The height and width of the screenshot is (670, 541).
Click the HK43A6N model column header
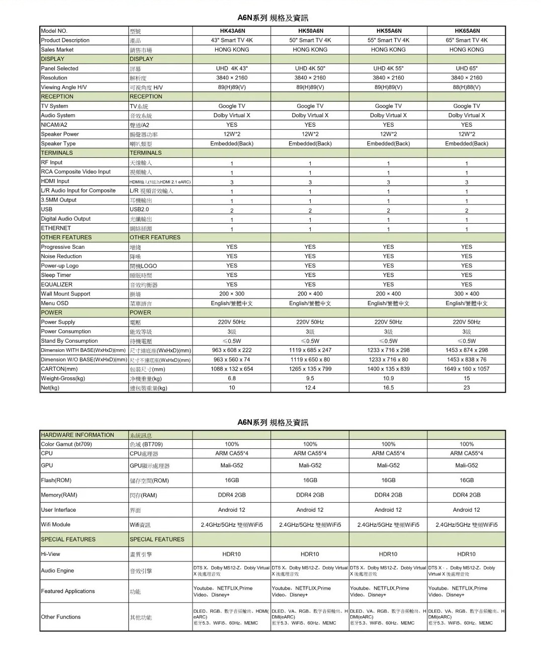pyautogui.click(x=232, y=31)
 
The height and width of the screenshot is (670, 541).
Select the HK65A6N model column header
pyautogui.click(x=467, y=31)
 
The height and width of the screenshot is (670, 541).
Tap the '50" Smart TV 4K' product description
pyautogui.click(x=310, y=40)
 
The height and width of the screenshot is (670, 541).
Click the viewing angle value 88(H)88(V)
pyautogui.click(x=467, y=87)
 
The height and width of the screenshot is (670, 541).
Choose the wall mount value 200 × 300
pyautogui.click(x=232, y=294)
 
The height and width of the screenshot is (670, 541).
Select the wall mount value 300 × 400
pyautogui.click(x=467, y=294)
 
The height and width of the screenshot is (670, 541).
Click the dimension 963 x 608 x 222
pyautogui.click(x=232, y=350)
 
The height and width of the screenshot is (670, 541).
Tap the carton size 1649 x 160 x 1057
pyautogui.click(x=467, y=369)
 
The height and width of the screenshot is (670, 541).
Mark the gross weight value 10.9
pyautogui.click(x=388, y=378)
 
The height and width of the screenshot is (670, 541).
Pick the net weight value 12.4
pyautogui.click(x=310, y=388)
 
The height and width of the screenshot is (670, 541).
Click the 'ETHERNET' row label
pyautogui.click(x=56, y=228)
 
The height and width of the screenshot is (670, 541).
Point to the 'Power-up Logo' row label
pyautogui.click(x=60, y=266)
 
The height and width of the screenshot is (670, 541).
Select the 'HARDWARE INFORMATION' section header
pyautogui.click(x=77, y=435)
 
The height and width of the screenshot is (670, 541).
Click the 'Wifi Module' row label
pyautogui.click(x=56, y=524)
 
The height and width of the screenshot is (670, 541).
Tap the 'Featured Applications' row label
pyautogui.click(x=68, y=591)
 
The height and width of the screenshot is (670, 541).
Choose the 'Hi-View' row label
pyautogui.click(x=50, y=554)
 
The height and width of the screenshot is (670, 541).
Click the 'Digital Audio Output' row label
pyautogui.click(x=66, y=219)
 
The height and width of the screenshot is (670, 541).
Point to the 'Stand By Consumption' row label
pyautogui.click(x=69, y=341)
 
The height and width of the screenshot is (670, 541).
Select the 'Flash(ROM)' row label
pyautogui.click(x=56, y=480)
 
